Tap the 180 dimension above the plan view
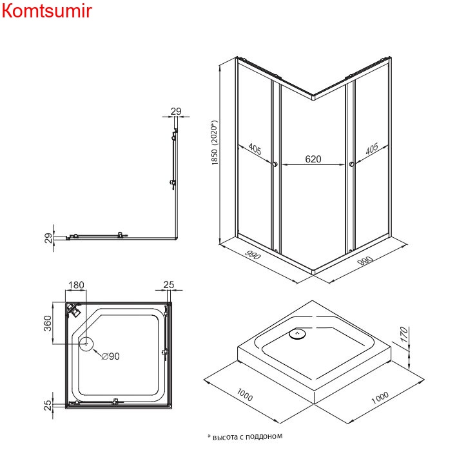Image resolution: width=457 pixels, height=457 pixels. point(76,285)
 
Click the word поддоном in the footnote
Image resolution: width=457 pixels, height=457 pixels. point(264,436)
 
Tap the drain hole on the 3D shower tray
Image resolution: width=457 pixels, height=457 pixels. point(298,334)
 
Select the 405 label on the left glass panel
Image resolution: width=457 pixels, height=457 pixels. point(254,150)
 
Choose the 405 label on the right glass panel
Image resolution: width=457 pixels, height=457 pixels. point(372,150)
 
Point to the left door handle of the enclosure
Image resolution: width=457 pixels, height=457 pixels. point(275,166)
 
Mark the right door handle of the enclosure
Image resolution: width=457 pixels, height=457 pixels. point(351,166)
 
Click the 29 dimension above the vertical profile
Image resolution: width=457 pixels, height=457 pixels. point(176,111)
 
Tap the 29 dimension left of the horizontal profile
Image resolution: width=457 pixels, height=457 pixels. point(48,237)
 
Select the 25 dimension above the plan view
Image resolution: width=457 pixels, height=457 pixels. point(169,285)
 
